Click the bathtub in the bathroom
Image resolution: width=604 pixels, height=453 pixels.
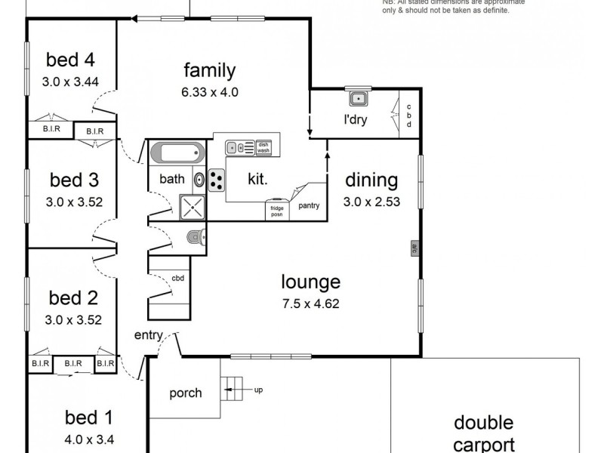coord(177,153)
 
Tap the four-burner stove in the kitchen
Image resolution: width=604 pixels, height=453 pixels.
coord(217,179)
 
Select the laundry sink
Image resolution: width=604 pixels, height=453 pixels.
coord(357,99)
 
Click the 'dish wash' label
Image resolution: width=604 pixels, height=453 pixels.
coord(263,147)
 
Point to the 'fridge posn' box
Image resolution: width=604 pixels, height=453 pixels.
coord(276,210)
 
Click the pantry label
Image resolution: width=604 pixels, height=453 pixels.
coord(309,205)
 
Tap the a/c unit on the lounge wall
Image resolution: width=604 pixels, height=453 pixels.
coord(414,248)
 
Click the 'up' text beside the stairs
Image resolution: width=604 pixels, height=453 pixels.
coord(258,390)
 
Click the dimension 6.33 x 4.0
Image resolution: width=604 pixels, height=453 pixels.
coord(210,93)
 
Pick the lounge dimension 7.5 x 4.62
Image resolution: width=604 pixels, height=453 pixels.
coord(311,307)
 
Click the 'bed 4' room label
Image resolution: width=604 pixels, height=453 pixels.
coord(69,59)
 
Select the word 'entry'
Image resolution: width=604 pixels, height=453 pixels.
coord(149,335)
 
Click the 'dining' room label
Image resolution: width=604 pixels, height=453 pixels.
coord(371,180)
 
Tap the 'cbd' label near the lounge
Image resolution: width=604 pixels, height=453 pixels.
coord(178,278)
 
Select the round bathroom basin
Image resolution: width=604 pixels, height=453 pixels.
coord(199,180)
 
